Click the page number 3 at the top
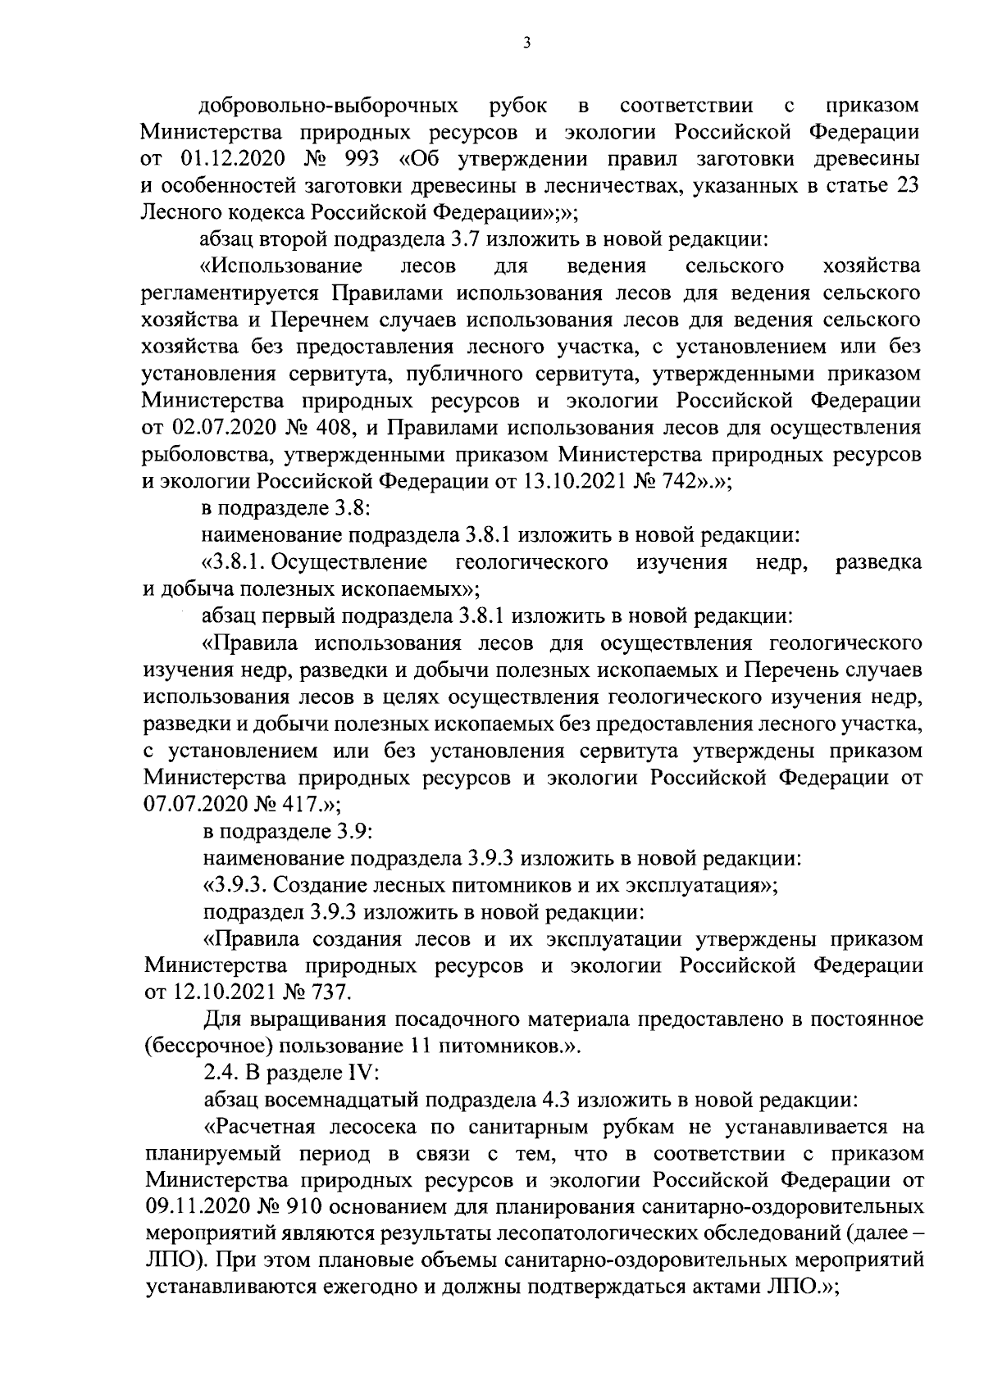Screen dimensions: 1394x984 [x=526, y=43]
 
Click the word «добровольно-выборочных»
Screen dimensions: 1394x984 [x=329, y=106]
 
